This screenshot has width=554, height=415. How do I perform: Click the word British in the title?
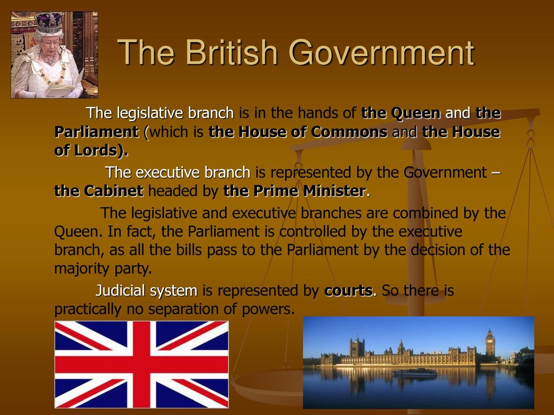[x=232, y=52]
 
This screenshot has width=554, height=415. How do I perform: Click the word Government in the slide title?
[x=381, y=53]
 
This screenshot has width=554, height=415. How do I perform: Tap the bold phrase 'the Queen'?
[x=401, y=113]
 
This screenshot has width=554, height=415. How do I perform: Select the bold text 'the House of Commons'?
[x=298, y=132]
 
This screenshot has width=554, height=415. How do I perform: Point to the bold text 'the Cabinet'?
[x=99, y=191]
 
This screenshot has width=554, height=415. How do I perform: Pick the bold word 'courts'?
[x=348, y=290]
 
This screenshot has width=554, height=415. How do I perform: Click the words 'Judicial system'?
[x=146, y=290]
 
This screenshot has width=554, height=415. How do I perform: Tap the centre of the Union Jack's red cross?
[x=141, y=365]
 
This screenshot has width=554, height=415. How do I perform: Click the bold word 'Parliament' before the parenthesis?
[x=96, y=132]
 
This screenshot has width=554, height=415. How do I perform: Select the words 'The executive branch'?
[x=177, y=172]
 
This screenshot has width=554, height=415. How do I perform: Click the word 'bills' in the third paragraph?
[x=186, y=250]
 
